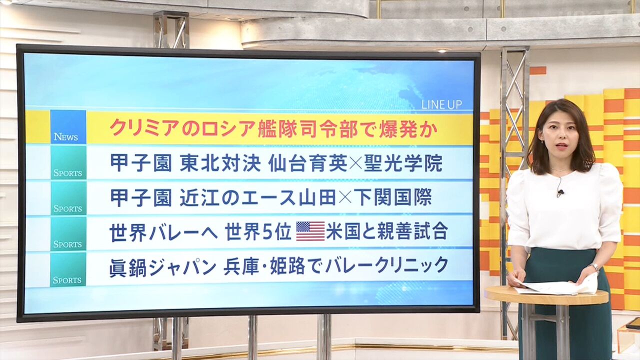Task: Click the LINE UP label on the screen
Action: click(441, 105)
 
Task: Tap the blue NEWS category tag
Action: click(68, 127)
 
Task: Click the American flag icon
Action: click(310, 231)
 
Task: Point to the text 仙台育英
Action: click(307, 163)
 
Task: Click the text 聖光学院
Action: click(403, 163)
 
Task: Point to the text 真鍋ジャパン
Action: click(163, 267)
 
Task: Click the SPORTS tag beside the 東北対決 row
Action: click(68, 162)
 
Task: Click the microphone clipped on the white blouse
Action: click(560, 193)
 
